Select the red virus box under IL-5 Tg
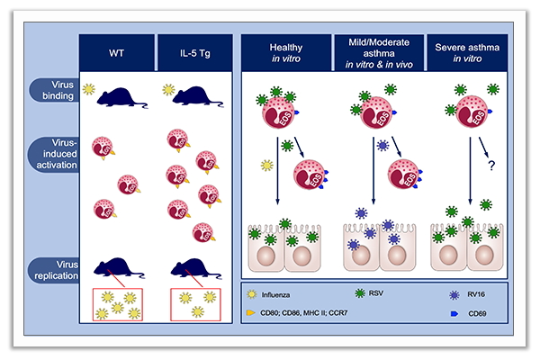[x=196, y=303]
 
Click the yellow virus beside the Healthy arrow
[x=266, y=165]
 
